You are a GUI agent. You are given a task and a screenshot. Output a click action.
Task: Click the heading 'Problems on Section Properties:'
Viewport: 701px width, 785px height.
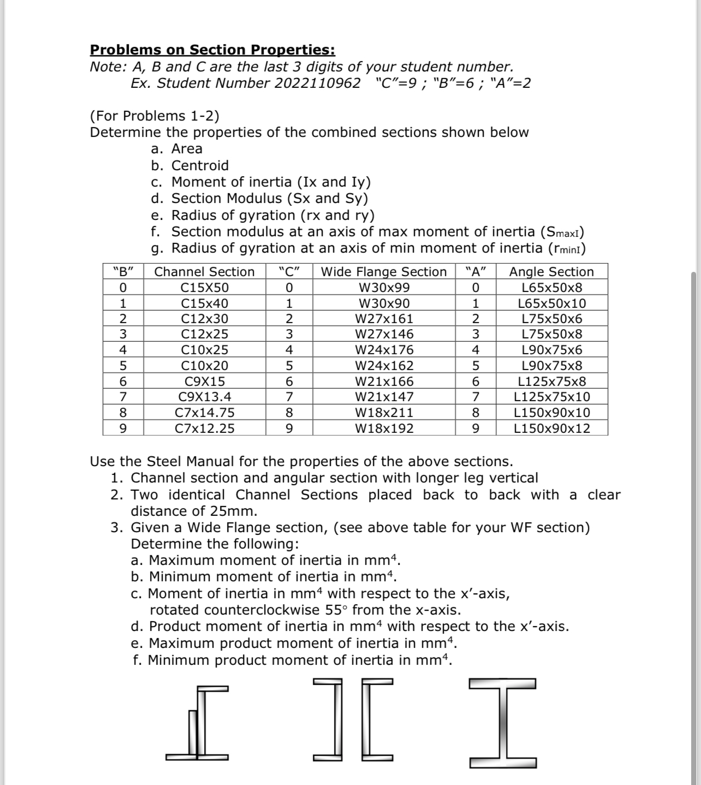[x=212, y=50]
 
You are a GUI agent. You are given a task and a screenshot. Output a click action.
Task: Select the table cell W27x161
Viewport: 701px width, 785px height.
[x=384, y=319]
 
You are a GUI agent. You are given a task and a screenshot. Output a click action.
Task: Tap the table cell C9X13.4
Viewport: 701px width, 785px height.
[x=205, y=397]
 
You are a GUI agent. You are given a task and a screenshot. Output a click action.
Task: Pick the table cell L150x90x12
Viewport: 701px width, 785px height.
[x=552, y=429]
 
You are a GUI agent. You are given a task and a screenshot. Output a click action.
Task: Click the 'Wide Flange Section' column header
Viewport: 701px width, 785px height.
[x=384, y=272]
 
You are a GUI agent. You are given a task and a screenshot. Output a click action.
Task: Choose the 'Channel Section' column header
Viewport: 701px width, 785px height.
[x=205, y=272]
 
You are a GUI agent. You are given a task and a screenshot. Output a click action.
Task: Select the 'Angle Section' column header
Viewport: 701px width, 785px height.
[x=551, y=272]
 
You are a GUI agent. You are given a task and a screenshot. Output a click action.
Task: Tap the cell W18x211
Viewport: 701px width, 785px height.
[x=384, y=413]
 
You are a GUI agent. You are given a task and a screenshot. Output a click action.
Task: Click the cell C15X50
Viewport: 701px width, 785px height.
[x=205, y=288]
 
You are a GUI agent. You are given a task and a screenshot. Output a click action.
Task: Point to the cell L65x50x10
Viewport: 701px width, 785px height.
[x=552, y=304]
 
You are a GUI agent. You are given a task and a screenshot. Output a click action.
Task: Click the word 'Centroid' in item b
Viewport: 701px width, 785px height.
[x=200, y=165]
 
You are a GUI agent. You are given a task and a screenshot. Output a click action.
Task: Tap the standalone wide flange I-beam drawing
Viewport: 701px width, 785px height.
[x=502, y=722]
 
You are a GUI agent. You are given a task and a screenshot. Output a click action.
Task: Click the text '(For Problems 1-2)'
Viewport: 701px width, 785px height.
[x=155, y=116]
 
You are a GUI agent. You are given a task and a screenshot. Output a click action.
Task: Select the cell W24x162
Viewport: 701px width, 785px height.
[x=384, y=366]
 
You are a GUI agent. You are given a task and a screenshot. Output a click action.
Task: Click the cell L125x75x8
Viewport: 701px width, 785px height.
[x=552, y=382]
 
